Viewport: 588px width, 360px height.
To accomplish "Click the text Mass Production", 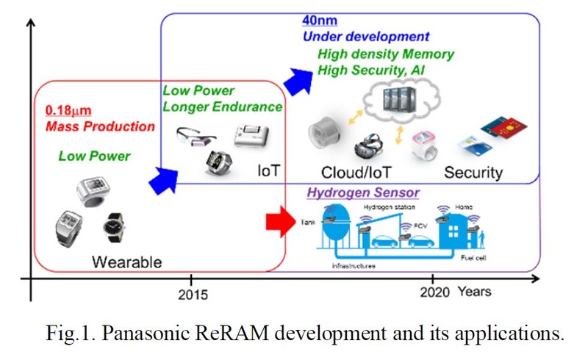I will click(100, 126).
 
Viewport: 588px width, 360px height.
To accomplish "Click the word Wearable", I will click(126, 262).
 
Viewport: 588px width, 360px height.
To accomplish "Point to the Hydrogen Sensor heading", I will click(363, 192).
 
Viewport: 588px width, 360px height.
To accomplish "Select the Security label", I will click(473, 173).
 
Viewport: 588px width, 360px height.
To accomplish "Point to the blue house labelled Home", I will click(456, 228).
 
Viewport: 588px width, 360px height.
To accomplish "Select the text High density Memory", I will click(386, 54).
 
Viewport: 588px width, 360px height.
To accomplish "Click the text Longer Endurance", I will click(222, 107).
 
